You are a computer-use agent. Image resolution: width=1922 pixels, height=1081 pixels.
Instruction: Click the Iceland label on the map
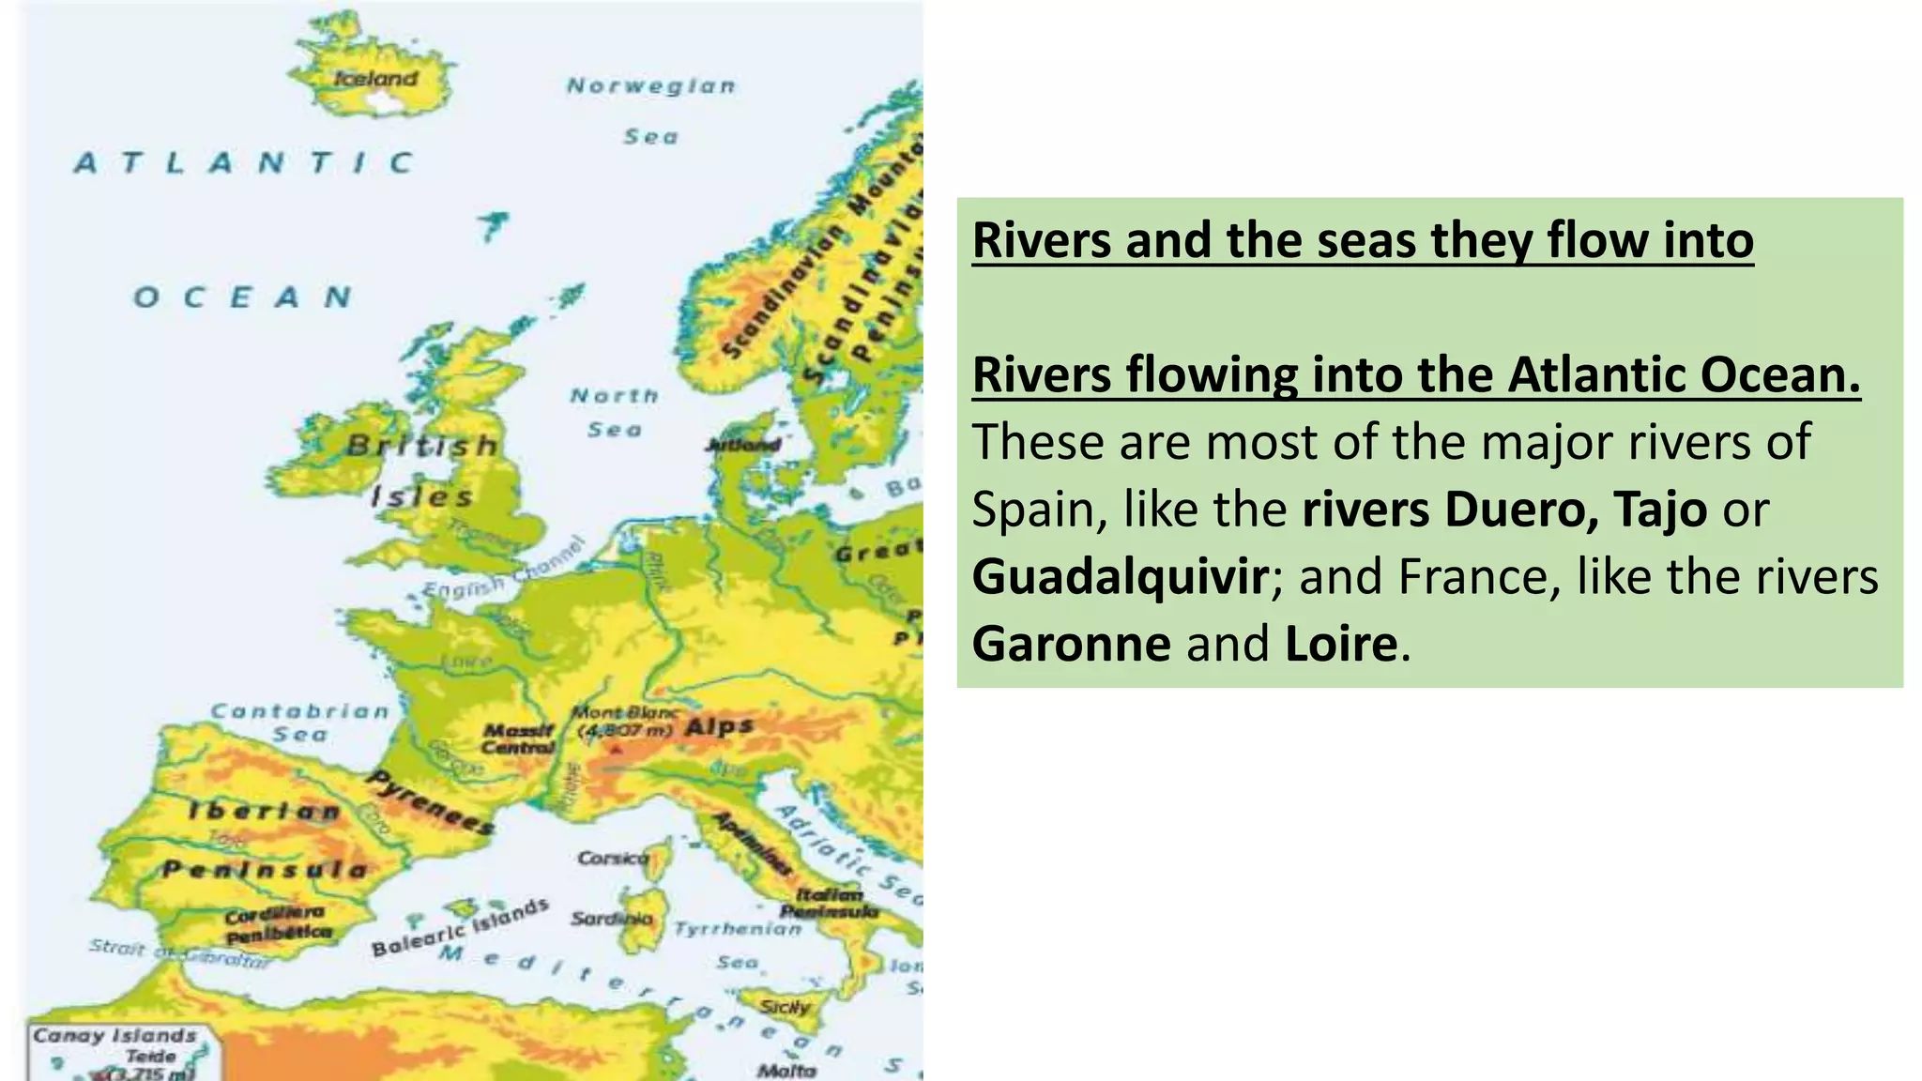point(375,79)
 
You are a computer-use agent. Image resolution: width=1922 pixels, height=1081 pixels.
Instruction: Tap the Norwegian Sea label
point(650,110)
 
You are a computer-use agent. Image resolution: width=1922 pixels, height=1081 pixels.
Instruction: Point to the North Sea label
point(615,412)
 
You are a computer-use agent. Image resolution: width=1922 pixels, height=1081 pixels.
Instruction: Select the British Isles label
point(421,469)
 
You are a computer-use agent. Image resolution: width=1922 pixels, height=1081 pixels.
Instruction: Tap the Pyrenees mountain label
point(430,802)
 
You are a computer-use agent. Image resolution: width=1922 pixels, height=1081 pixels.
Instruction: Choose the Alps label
point(719,726)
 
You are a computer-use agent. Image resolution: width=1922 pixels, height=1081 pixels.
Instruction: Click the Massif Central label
point(519,738)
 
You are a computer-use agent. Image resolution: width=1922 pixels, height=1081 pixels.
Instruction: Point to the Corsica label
point(613,858)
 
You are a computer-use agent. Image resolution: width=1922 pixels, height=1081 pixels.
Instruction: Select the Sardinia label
point(612,919)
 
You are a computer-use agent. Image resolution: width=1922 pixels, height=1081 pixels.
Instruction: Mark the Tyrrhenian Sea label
point(738,944)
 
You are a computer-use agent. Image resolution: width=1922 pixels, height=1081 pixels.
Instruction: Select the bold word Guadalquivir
point(1120,576)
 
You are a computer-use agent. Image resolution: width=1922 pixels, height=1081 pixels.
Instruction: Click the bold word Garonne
point(1071,644)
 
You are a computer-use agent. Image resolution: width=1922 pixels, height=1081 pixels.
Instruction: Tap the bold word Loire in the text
point(1340,644)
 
